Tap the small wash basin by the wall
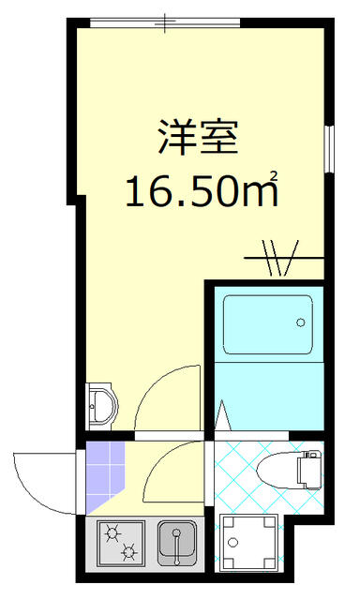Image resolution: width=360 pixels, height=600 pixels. pyautogui.click(x=101, y=406)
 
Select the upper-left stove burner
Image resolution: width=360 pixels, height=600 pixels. pyautogui.click(x=113, y=533)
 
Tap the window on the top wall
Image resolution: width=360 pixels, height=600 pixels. pyautogui.click(x=166, y=22)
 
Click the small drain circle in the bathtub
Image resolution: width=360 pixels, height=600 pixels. pyautogui.click(x=301, y=322)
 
